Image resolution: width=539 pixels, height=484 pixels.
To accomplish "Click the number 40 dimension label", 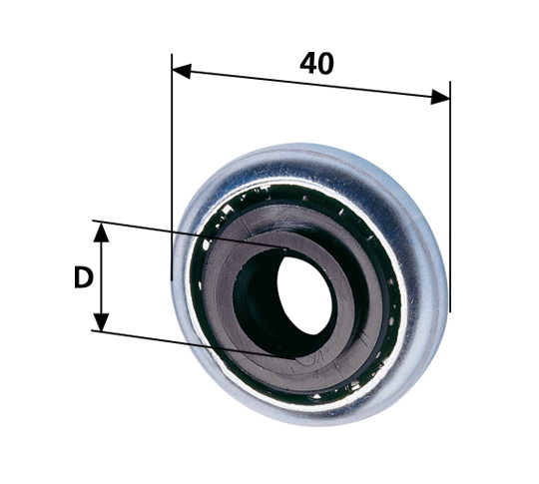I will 316,63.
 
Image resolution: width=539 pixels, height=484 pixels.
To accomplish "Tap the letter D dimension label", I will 83,277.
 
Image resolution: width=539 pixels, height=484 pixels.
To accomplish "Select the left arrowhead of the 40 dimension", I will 181,70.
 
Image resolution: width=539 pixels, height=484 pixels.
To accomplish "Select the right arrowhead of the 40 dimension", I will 440,97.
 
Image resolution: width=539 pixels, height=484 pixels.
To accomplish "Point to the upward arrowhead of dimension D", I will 101,232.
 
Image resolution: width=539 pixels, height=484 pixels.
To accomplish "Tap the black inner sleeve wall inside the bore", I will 258,299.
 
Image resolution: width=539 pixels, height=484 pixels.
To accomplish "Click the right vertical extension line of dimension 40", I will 449,200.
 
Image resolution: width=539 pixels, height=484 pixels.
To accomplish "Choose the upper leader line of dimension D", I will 180,233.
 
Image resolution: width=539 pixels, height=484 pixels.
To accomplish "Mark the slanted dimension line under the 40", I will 309,83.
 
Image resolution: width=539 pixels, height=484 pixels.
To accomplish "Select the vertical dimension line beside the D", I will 101,276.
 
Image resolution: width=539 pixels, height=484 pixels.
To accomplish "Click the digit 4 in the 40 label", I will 307,63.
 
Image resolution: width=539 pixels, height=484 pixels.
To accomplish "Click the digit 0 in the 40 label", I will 325,63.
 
